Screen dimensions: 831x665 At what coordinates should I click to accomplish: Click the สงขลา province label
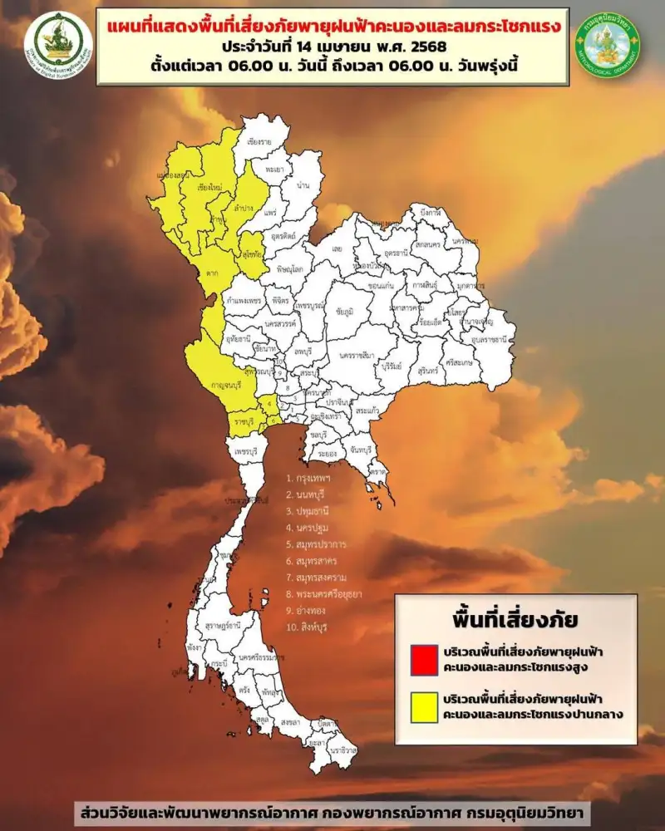(x=289, y=721)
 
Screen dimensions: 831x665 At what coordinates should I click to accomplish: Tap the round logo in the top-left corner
(x=58, y=43)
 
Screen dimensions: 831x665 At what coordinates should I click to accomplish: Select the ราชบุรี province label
(x=243, y=422)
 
